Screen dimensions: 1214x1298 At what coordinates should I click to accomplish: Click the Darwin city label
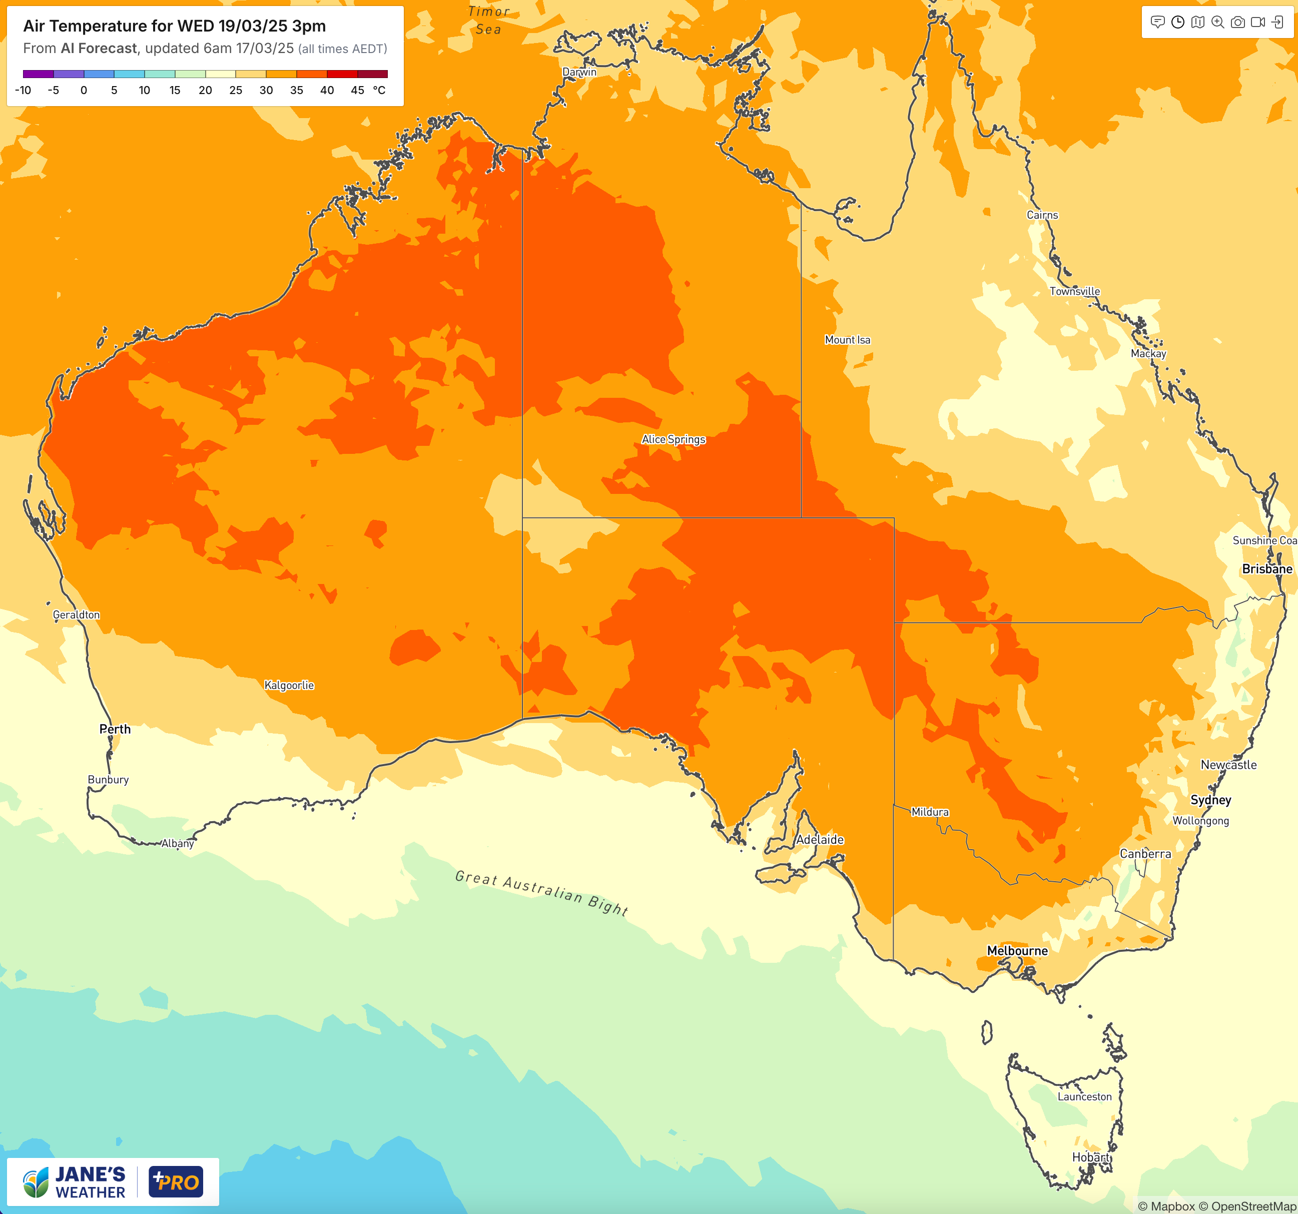579,72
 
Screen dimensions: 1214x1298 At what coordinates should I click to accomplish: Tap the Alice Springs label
673,439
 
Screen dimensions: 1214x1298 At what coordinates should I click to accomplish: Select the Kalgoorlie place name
289,685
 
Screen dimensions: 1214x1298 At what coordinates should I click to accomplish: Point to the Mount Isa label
847,340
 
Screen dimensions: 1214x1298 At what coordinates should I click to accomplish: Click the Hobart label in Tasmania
1090,1157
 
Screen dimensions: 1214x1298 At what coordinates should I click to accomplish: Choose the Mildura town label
930,812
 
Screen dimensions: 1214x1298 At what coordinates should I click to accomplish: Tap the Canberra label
1145,854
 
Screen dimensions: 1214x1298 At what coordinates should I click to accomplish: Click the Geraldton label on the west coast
77,615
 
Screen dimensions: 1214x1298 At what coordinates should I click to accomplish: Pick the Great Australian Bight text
542,893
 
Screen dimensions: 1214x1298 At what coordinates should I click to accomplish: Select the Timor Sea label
488,20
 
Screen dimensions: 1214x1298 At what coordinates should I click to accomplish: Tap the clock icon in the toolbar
1178,22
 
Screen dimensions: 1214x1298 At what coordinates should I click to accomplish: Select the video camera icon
1257,22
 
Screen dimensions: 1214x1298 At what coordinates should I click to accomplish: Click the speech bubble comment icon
1157,22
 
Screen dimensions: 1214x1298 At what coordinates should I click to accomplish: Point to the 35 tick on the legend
296,90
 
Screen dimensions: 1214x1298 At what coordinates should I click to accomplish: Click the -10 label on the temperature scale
23,90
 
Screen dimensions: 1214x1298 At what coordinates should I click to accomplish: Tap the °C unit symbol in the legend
379,90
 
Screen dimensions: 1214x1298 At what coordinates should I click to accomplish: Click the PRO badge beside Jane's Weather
176,1181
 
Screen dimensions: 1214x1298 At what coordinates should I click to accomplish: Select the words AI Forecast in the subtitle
99,49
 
